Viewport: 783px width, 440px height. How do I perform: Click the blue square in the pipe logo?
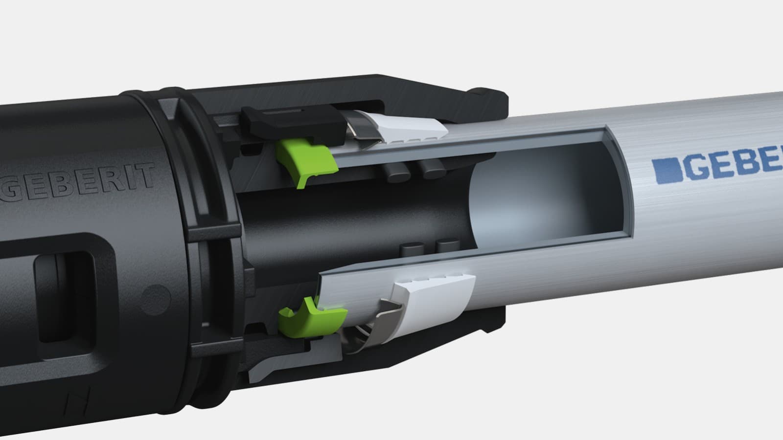[665, 169]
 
